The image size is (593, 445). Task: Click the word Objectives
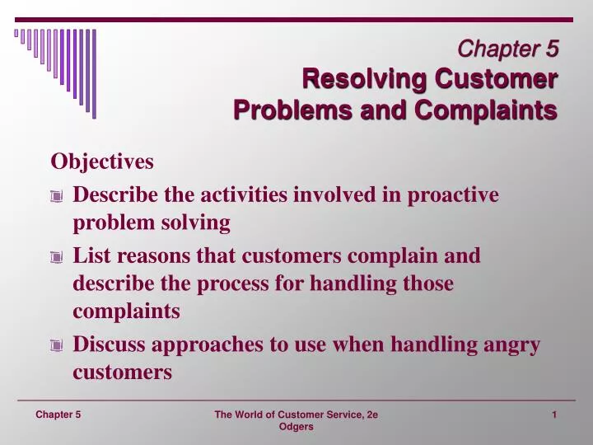click(102, 162)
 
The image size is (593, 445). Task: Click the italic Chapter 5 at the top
click(508, 49)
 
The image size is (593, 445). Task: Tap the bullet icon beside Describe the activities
click(55, 196)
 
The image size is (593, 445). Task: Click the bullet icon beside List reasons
click(55, 257)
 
